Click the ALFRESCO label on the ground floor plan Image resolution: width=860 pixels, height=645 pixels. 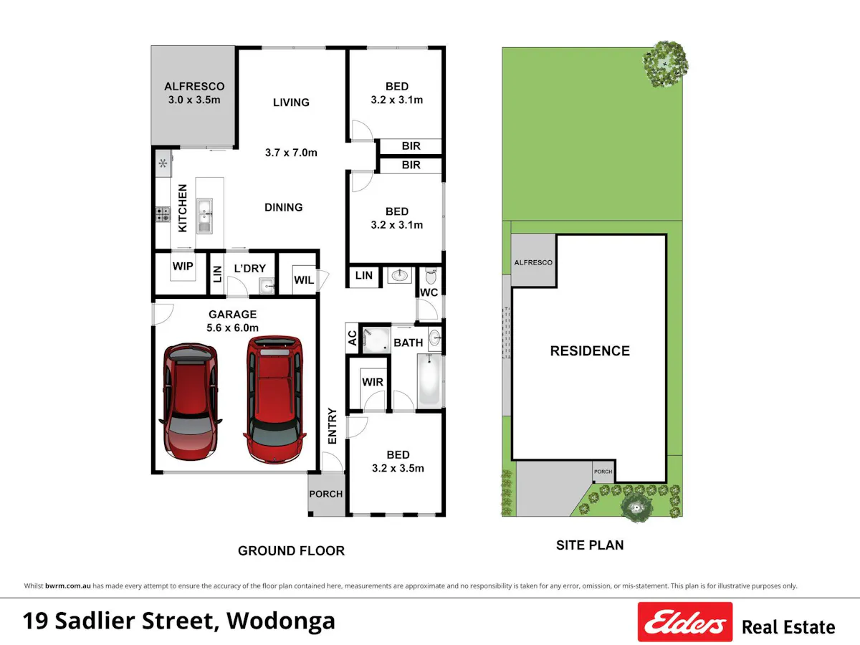[194, 86]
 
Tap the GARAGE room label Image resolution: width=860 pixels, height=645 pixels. [232, 314]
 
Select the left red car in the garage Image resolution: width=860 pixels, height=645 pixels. [191, 402]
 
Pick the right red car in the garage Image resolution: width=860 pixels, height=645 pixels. [274, 399]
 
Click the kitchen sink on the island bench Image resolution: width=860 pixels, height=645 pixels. [204, 216]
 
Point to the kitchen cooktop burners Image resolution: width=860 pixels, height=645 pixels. [163, 214]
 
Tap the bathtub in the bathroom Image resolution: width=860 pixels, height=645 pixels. [430, 380]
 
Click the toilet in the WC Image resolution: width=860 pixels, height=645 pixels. [431, 276]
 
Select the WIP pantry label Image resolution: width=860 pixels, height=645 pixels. [183, 267]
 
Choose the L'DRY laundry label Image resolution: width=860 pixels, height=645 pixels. [250, 269]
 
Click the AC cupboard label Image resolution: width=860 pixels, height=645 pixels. [352, 338]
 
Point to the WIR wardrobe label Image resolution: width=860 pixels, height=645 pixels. [373, 382]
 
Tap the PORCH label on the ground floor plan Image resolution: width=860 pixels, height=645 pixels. [326, 494]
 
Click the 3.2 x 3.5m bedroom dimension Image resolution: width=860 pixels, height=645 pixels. [398, 468]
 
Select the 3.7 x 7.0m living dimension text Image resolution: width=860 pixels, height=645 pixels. [291, 153]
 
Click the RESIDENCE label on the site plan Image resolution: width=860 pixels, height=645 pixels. [590, 351]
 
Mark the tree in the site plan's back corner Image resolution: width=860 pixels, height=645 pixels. [665, 64]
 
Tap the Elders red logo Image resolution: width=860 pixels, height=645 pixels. [685, 621]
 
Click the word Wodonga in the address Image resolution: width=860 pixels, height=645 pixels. [281, 621]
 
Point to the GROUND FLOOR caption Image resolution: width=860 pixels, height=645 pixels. [291, 550]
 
